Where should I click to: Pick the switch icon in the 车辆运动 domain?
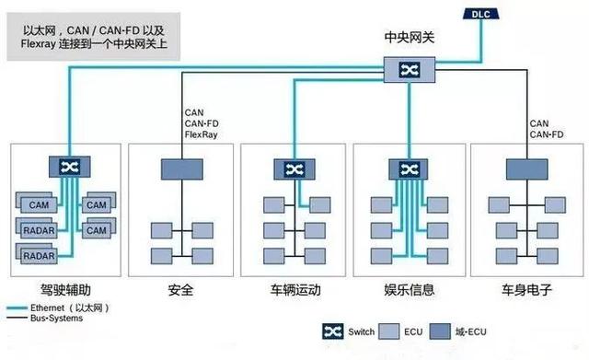coord(294,168)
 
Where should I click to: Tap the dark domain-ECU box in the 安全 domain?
coord(182,168)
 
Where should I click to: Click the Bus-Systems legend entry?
coord(56,319)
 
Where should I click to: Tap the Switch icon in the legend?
coord(333,332)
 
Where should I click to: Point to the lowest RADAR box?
coord(39,254)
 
